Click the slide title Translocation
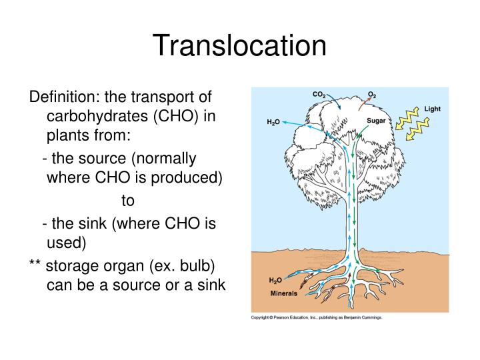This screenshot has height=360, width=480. click(240, 46)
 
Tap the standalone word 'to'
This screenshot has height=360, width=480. click(128, 200)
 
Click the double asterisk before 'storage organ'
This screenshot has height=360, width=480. click(35, 265)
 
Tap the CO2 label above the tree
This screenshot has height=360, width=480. click(319, 95)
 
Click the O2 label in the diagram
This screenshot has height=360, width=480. click(372, 95)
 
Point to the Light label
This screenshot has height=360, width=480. click(432, 109)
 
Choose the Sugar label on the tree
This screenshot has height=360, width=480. click(377, 120)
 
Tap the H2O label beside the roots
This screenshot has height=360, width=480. click(275, 280)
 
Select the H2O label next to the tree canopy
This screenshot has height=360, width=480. click(273, 123)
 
